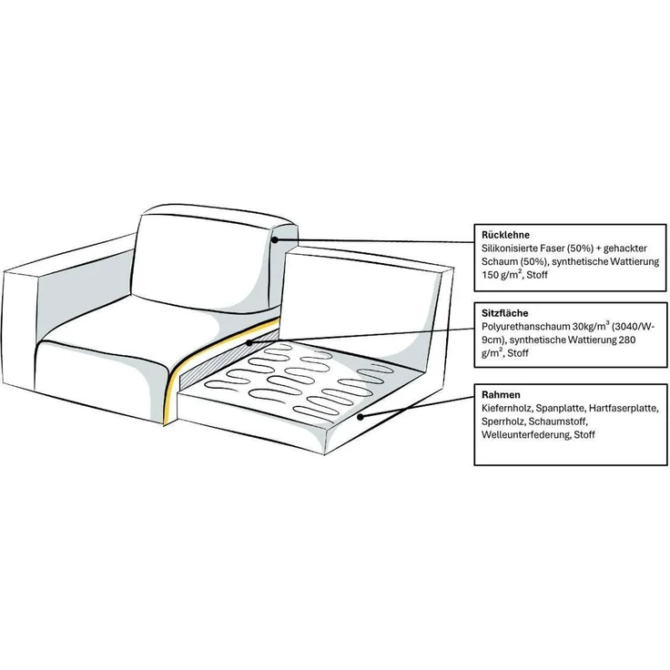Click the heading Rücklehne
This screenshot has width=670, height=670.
505,235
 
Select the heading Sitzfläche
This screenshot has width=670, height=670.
505,313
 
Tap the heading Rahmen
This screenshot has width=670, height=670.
501,394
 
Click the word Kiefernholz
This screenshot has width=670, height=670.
507,408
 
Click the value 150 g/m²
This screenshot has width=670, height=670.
502,275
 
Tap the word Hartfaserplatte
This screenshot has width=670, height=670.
624,408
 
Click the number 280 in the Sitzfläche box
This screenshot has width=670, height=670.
627,340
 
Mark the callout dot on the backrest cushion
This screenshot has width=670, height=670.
275,240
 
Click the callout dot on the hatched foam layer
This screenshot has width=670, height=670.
249,342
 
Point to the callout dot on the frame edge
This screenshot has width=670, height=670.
360,417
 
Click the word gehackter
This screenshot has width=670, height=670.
625,249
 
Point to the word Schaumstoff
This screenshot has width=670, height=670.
558,421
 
